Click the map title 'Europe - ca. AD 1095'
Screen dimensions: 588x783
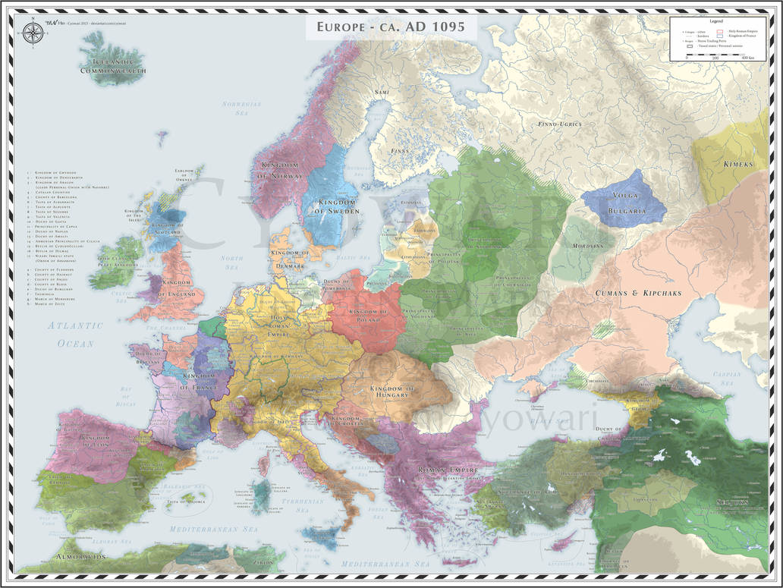point(391,28)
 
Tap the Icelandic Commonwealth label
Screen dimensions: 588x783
point(113,65)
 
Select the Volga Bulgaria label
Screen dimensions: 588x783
point(624,200)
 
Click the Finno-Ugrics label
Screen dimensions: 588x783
point(558,124)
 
